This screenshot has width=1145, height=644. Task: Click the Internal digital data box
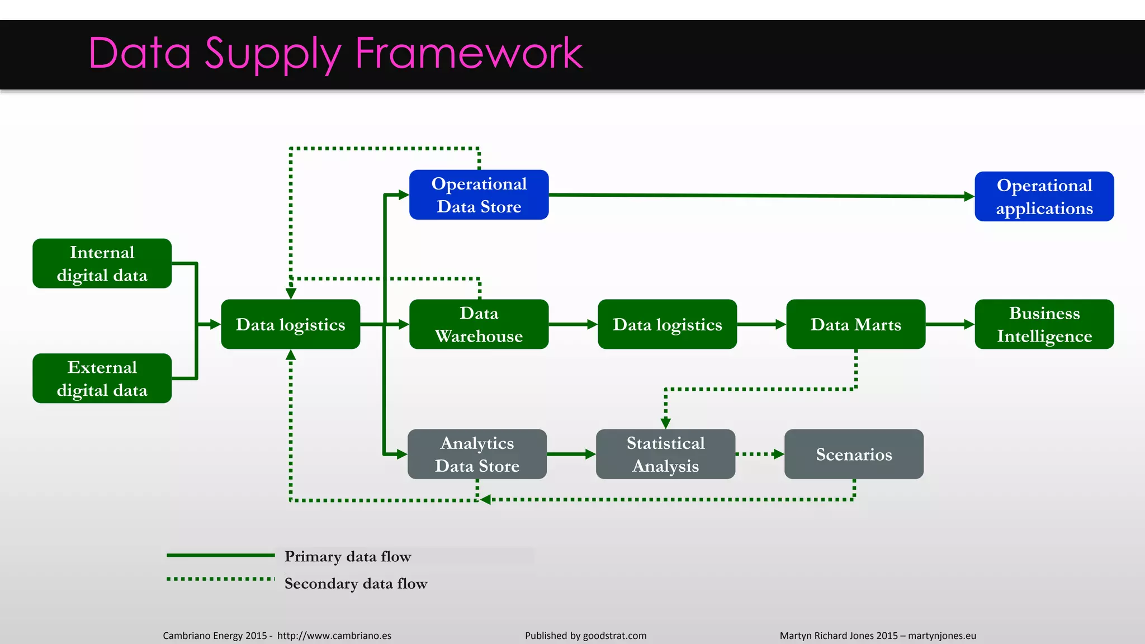(102, 263)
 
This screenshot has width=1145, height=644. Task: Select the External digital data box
(102, 378)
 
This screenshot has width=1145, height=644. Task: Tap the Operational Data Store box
(479, 195)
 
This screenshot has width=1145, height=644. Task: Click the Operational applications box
(1044, 196)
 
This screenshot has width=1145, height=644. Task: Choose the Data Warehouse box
(479, 324)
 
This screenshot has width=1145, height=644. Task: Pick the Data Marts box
(855, 324)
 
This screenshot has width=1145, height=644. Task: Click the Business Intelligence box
(1044, 324)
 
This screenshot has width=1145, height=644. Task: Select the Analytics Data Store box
(477, 454)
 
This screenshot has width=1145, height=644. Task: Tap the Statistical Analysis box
(665, 454)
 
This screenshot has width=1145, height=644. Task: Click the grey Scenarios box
(854, 454)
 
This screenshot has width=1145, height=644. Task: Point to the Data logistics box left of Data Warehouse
(290, 324)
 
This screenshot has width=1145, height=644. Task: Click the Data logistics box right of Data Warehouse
(667, 324)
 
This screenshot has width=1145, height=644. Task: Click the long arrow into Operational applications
(760, 196)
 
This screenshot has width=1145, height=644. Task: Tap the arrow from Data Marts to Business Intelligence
(949, 324)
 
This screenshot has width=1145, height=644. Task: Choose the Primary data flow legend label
(347, 556)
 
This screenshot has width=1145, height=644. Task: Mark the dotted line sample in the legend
(220, 579)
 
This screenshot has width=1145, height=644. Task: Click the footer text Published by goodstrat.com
(585, 636)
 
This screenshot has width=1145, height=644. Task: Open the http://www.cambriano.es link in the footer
(334, 636)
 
